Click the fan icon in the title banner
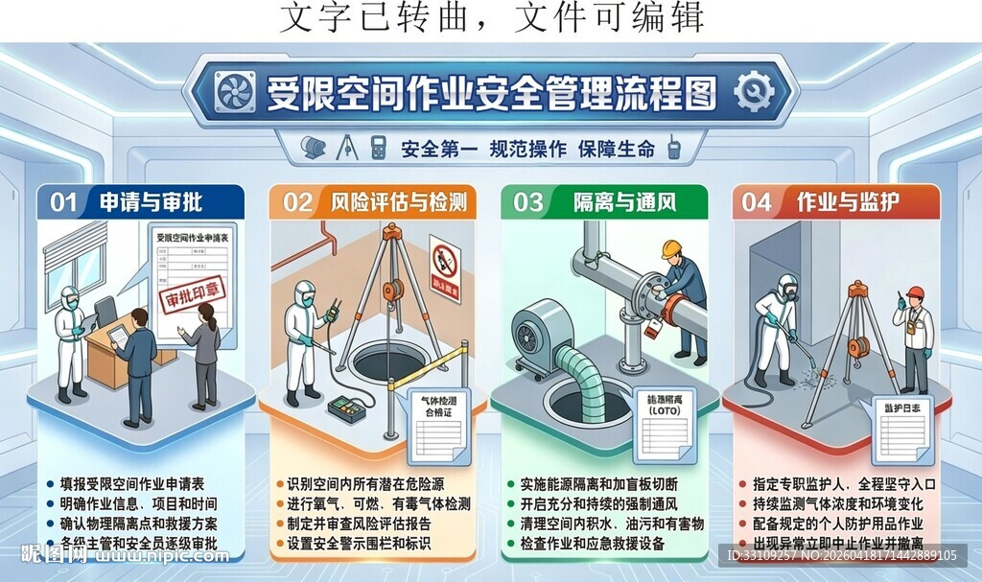tap(231, 93)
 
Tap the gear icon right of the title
tap(754, 93)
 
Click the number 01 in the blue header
tap(63, 201)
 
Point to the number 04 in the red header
tap(757, 201)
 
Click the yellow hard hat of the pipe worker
tap(670, 248)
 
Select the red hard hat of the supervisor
tap(915, 292)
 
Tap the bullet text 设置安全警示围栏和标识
tap(359, 544)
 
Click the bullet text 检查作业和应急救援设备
tap(605, 544)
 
